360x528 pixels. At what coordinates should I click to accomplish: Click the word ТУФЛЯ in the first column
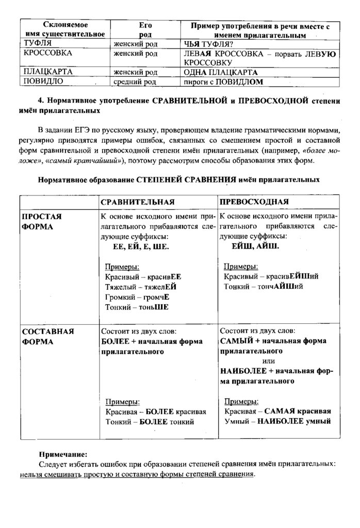click(x=36, y=44)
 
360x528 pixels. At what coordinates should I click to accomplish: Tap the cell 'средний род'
click(x=135, y=81)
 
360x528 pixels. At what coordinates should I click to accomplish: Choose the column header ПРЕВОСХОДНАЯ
click(x=254, y=201)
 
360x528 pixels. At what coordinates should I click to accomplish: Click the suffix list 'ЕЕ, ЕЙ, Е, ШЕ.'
click(x=141, y=247)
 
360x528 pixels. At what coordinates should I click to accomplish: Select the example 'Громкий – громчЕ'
click(x=137, y=297)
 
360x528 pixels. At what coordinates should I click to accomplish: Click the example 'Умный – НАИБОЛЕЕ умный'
click(x=277, y=421)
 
